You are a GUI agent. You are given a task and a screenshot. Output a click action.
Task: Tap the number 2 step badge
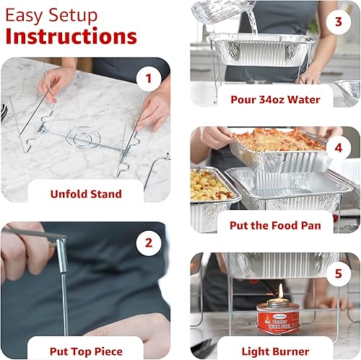tap(148, 242)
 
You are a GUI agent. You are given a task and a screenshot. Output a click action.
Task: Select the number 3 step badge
tap(338, 22)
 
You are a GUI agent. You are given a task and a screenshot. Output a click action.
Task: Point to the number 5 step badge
tap(338, 273)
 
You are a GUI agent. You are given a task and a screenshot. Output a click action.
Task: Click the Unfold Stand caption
tap(86, 193)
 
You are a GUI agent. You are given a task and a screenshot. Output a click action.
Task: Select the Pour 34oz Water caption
tap(275, 100)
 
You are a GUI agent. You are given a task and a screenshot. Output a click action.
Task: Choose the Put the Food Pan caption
tap(274, 225)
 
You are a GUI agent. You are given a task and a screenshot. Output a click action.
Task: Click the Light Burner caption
tap(275, 351)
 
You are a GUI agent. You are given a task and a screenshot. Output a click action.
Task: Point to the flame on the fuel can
tap(280, 291)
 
